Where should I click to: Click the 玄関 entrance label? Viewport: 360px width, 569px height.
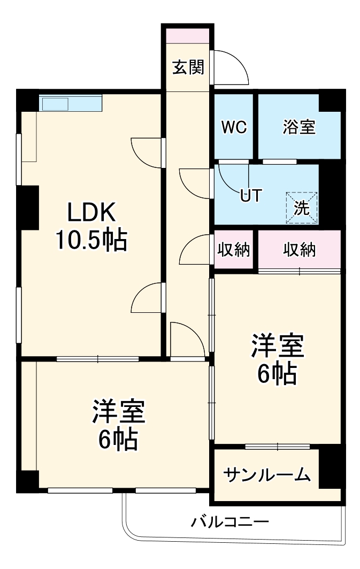click(x=188, y=67)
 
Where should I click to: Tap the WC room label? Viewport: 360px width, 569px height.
click(x=234, y=127)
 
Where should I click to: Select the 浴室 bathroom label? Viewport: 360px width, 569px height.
click(x=299, y=127)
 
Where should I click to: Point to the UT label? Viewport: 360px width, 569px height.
click(x=250, y=196)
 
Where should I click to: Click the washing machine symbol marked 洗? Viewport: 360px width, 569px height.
click(x=302, y=208)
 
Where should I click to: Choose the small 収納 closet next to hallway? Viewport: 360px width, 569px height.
click(x=234, y=250)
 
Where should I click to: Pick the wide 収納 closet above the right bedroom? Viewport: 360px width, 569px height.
click(x=299, y=250)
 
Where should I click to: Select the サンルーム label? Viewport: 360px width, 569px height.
click(x=266, y=474)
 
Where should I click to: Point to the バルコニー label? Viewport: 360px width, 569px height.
click(x=230, y=522)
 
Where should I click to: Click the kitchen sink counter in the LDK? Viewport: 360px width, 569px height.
click(x=70, y=103)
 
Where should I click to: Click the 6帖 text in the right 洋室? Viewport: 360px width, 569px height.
click(x=277, y=374)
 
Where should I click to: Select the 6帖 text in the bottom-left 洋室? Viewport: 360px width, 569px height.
click(x=118, y=440)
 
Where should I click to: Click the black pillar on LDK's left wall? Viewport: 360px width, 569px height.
click(x=28, y=206)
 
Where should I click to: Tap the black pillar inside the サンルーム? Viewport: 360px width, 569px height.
click(x=330, y=466)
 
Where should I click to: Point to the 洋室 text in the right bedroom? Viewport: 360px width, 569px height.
click(x=278, y=347)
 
